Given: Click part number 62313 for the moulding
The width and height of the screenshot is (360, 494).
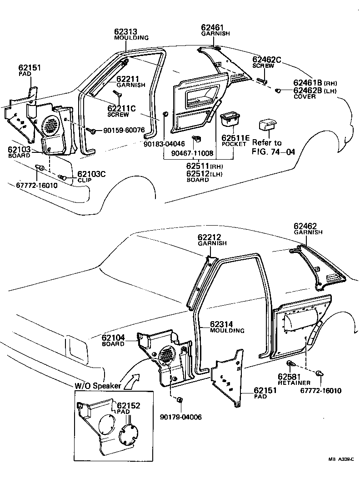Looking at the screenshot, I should click(x=125, y=31).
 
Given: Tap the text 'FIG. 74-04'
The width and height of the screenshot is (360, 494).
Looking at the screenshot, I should click(x=273, y=152).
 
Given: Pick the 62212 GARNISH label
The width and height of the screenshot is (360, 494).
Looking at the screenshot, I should click(x=212, y=240).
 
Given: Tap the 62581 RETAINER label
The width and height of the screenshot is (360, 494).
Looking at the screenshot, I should click(x=294, y=379).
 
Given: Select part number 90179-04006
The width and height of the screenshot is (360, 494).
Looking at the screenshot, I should click(x=181, y=417).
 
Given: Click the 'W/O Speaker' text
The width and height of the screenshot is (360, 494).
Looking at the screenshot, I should click(x=98, y=386).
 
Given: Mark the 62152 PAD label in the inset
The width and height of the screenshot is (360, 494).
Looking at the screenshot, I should click(x=128, y=408).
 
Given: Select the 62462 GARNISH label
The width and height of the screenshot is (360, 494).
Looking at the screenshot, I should click(x=308, y=228).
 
